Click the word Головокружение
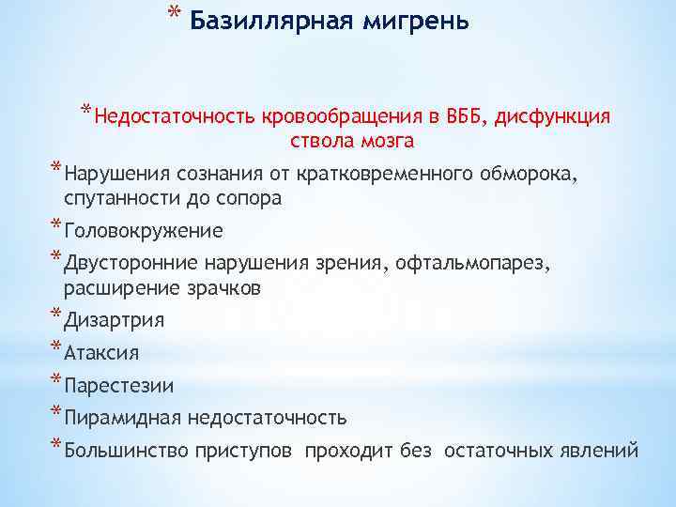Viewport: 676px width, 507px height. tap(144, 231)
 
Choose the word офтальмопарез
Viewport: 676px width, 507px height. tap(499, 265)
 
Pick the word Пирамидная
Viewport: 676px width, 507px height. tap(123, 417)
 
